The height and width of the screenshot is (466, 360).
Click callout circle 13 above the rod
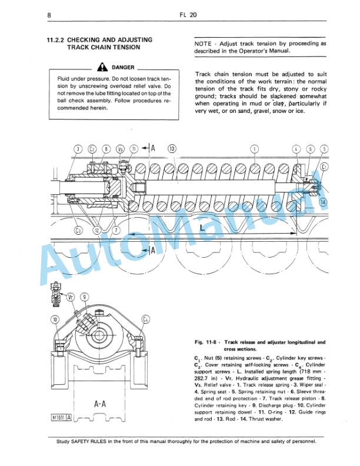click(172, 149)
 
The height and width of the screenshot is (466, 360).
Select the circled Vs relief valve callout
click(120, 149)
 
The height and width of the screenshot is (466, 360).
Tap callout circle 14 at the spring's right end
click(322, 202)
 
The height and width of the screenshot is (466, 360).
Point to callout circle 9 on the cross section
click(85, 297)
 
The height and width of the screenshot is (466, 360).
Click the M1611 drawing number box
click(61, 418)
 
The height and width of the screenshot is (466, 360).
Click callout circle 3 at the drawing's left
click(78, 149)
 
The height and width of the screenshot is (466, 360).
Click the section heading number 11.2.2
click(57, 40)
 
